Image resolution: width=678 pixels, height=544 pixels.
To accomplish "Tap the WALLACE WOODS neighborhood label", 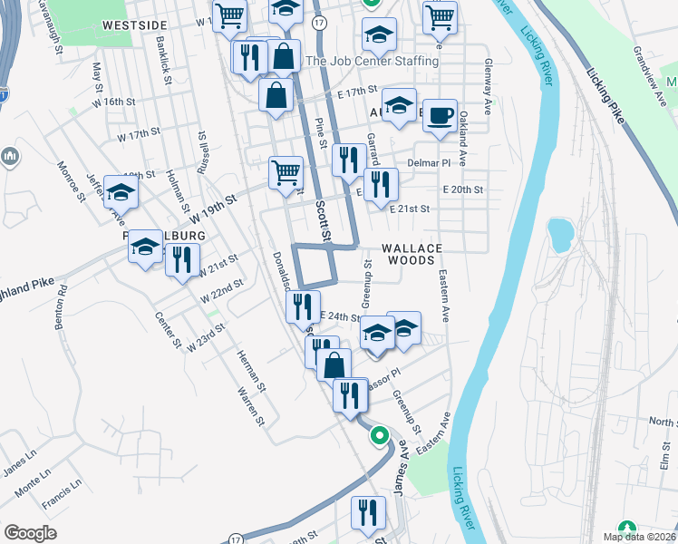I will click(x=412, y=254).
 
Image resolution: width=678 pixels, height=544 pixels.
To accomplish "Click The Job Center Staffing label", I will click(x=372, y=62).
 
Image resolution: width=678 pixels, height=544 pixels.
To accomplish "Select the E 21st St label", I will click(x=411, y=209).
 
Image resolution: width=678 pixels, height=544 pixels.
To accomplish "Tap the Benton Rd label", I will click(x=61, y=309).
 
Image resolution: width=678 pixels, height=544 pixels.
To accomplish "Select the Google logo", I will click(x=31, y=533).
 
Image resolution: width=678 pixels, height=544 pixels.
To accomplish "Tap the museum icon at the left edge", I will click(x=11, y=157).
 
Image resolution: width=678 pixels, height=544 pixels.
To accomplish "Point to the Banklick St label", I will click(x=164, y=62).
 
